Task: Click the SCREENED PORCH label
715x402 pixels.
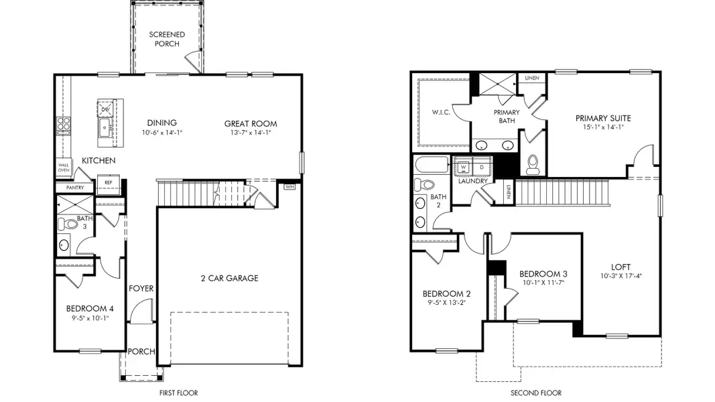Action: [x=167, y=39]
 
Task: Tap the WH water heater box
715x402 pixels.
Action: [x=289, y=187]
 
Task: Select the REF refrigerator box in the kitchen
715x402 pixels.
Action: [x=108, y=183]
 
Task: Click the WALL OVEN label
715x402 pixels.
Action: [x=64, y=167]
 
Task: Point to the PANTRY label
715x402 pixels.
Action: [x=75, y=188]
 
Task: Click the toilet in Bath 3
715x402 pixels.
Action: [x=68, y=224]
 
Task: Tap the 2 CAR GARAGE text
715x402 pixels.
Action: [x=229, y=278]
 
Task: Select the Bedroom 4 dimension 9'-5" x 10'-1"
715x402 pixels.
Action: [x=89, y=318]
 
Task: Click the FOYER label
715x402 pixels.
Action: [x=141, y=289]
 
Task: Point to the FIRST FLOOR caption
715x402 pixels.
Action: [x=179, y=393]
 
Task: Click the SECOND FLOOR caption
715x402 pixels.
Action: [x=536, y=393]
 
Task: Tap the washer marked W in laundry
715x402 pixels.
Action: [x=463, y=167]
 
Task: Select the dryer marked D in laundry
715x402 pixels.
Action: [x=482, y=167]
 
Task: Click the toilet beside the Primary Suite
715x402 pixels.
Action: [x=533, y=164]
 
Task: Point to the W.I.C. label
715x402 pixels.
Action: [x=441, y=112]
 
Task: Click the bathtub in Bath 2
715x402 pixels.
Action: [x=432, y=165]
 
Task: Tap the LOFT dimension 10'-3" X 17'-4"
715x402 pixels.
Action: [x=621, y=276]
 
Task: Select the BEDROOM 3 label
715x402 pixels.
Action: [x=543, y=274]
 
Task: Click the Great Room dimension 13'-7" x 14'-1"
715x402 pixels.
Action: [x=251, y=133]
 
